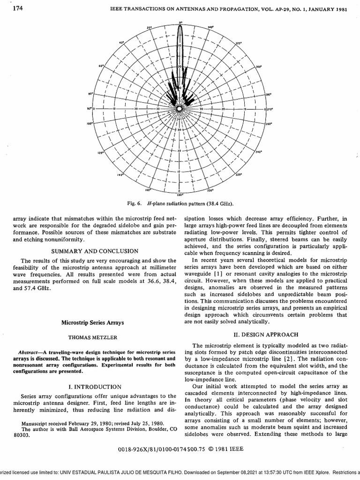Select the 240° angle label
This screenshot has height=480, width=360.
tap(259, 152)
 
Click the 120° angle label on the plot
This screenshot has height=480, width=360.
tap(100, 153)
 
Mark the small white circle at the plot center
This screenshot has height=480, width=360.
tap(179, 109)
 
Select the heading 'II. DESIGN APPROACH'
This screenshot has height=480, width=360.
tap(266, 334)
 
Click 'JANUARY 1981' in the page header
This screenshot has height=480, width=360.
tap(328, 9)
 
